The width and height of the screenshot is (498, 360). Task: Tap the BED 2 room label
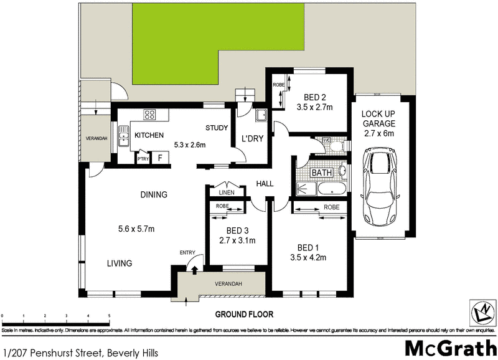[315, 97]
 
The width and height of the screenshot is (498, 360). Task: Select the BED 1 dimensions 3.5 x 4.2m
[308, 257]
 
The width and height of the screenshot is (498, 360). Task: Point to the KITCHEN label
[149, 135]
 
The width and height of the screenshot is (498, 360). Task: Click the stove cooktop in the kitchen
[149, 115]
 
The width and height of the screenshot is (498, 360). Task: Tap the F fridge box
[160, 158]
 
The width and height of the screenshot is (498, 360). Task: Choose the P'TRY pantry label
[143, 159]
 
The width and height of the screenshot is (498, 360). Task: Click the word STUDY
[217, 128]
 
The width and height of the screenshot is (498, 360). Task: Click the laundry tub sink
[261, 115]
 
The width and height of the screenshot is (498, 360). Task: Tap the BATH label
[321, 172]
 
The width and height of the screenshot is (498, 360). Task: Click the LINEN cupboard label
[226, 192]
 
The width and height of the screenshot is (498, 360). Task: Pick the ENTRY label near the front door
[187, 252]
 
